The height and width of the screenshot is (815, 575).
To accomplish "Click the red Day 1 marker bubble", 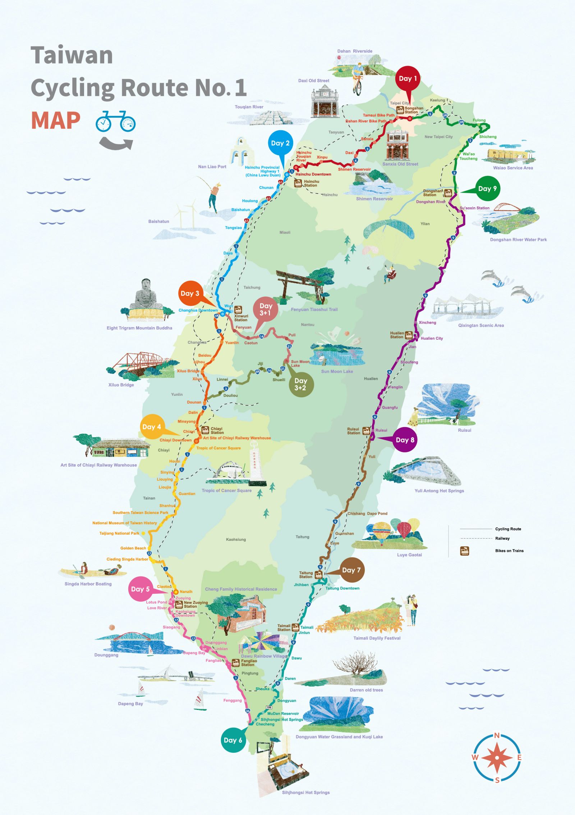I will (408, 78).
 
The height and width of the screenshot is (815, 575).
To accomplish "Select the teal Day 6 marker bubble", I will (233, 740).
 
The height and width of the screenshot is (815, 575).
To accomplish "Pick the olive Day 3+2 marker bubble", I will (301, 384).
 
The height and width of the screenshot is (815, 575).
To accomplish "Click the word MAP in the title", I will (56, 121).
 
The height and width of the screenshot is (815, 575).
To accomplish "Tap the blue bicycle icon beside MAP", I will (116, 122).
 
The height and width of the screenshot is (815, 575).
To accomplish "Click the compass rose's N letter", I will (497, 735).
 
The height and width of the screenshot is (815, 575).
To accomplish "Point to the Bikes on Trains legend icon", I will (465, 551).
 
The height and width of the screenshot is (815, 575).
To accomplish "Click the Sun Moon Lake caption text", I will (337, 371).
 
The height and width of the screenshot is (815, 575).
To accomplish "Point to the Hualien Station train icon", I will (409, 335).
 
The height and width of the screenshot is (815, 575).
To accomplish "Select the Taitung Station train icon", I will (318, 575).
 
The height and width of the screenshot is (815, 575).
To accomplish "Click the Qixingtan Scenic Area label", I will (481, 325).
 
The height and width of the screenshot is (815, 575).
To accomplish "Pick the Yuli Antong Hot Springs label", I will (439, 491).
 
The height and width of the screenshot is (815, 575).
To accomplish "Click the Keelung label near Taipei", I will (437, 100).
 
